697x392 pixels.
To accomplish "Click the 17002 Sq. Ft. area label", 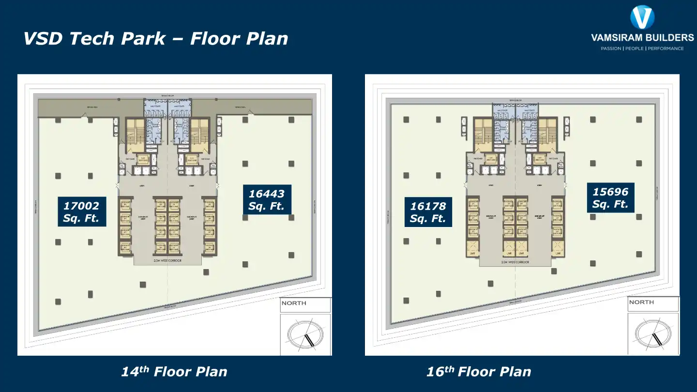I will point(81,212).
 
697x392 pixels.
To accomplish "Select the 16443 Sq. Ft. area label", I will point(267,200).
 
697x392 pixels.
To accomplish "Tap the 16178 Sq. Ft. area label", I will point(428,212).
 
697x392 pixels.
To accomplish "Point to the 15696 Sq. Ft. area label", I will point(610,198).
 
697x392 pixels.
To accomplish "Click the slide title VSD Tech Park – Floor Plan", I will point(156,39).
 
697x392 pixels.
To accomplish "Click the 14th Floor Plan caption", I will point(174,372).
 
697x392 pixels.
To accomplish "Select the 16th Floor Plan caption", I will point(479,372).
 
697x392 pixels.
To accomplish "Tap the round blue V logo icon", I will point(642,17).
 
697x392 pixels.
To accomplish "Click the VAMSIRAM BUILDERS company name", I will point(642,37).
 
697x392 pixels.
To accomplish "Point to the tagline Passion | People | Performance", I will point(642,48).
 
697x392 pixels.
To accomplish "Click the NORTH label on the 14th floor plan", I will point(294,303).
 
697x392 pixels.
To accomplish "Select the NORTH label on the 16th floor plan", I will point(641,302).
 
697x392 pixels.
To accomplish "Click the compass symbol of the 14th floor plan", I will point(305,334).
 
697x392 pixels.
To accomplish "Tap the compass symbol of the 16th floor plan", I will point(653,333).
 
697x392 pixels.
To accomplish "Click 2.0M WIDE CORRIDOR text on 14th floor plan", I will point(167,260).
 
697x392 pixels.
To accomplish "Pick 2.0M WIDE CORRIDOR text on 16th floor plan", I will point(515,262).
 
